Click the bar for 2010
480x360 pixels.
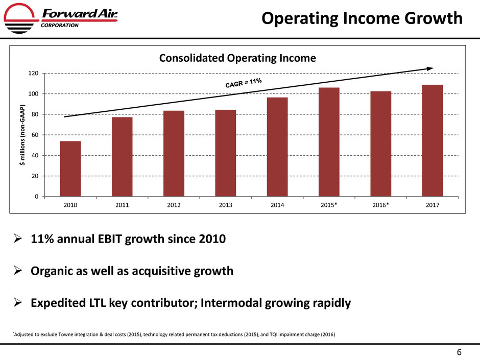[70, 169]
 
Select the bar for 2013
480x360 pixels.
[225, 153]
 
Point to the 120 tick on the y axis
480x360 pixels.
[33, 74]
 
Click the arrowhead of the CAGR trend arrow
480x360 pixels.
[430, 68]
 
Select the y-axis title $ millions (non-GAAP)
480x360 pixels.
[22, 135]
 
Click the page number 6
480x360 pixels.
[459, 352]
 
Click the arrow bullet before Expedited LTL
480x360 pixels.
[18, 303]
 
